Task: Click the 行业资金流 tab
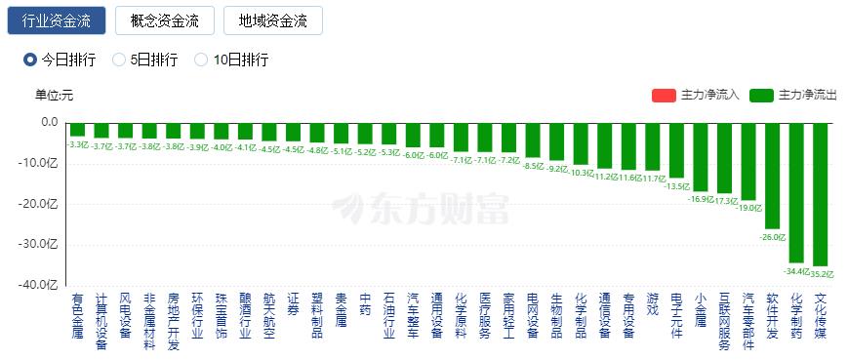point(58,20)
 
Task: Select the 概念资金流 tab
point(164,20)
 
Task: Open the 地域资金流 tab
point(272,20)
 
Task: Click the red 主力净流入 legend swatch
point(664,96)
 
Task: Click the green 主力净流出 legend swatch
point(761,96)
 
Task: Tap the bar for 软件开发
point(773,176)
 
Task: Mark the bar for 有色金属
point(77,130)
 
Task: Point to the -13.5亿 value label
point(676,186)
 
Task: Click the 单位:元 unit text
point(54,96)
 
